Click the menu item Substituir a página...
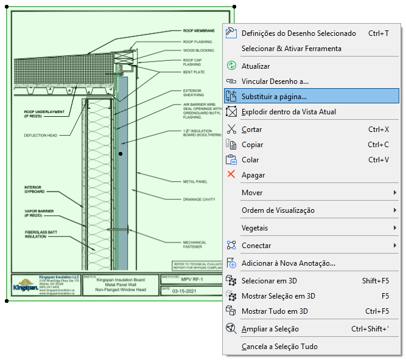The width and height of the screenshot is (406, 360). click(274, 96)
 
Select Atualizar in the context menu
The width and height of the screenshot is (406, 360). click(256, 66)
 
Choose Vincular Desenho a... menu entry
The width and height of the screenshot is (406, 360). click(275, 81)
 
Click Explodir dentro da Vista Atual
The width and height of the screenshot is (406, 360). click(289, 111)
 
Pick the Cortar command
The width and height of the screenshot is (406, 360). click(252, 130)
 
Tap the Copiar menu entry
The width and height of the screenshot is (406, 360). click(253, 145)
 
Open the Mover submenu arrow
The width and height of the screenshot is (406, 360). click(395, 193)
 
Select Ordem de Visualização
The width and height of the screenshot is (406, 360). click(278, 210)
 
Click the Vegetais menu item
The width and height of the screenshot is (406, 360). click(255, 228)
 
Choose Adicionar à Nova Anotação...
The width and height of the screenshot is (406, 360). click(289, 263)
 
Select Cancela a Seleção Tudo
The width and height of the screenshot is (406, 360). click(279, 347)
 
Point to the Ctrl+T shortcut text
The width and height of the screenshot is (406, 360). click(379, 33)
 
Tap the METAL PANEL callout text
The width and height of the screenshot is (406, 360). click(195, 181)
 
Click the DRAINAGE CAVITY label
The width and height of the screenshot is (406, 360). click(199, 199)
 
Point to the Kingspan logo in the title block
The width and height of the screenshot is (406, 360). click(25, 285)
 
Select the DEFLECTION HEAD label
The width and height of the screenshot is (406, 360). click(41, 135)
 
